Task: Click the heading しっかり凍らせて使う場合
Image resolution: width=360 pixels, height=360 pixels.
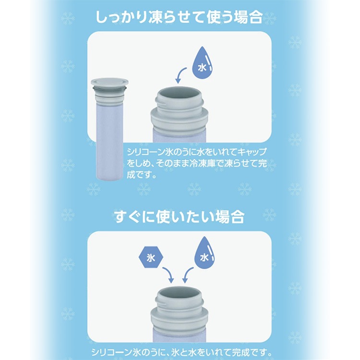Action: tap(179, 17)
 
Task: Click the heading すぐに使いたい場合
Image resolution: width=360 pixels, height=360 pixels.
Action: tap(179, 216)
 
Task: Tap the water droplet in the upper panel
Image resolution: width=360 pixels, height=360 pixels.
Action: tap(202, 62)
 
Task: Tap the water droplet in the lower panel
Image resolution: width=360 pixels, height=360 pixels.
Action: tap(204, 253)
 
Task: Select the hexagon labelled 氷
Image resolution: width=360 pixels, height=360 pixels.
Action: tap(151, 257)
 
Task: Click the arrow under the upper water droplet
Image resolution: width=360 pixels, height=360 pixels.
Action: tap(180, 75)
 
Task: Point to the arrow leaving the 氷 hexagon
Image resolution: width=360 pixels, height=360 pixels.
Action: tap(168, 275)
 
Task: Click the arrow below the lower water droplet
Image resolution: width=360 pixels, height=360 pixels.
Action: tap(188, 275)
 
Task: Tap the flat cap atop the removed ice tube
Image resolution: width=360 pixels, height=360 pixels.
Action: tap(109, 82)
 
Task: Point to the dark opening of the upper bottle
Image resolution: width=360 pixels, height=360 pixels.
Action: tap(180, 95)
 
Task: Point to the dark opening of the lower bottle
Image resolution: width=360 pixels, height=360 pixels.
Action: tap(180, 294)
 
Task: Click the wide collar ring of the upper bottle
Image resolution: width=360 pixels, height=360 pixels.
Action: tap(180, 120)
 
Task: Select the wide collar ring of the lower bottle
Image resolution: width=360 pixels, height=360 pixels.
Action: tap(180, 320)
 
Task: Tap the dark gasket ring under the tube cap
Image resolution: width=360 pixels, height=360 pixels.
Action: tap(109, 88)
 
